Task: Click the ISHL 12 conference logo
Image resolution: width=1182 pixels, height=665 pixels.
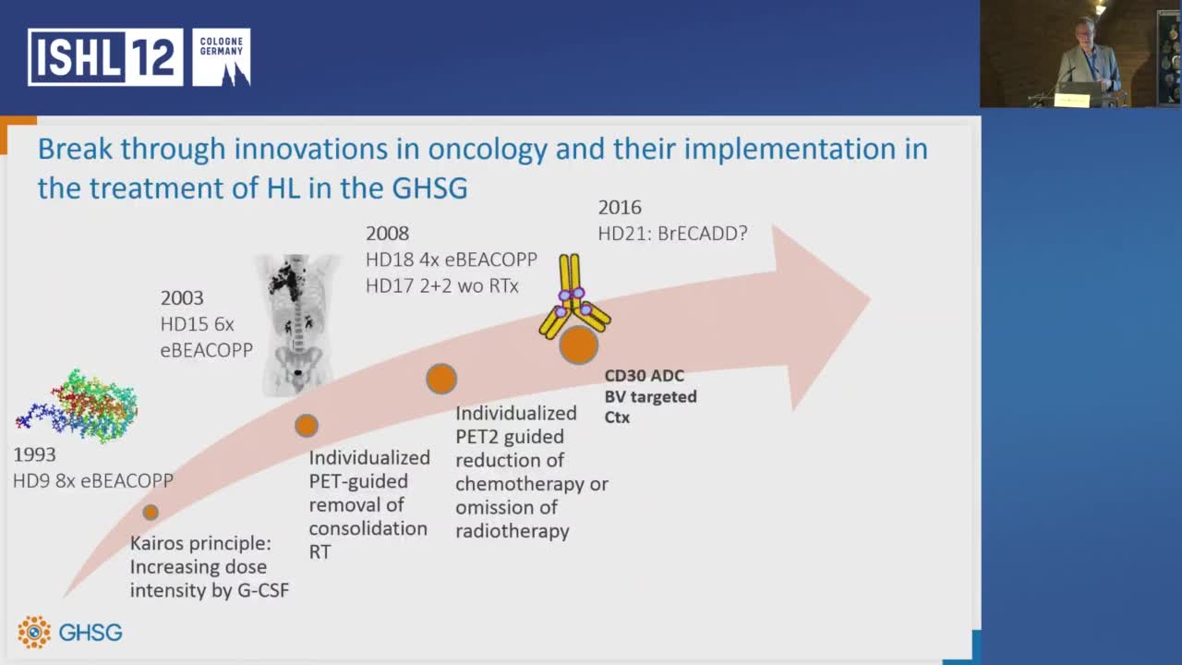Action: click(x=105, y=57)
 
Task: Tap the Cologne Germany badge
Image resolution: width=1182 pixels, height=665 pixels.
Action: click(x=222, y=57)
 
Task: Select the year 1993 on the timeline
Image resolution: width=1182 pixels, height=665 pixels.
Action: click(x=34, y=454)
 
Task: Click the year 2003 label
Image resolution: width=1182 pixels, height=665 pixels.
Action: click(x=182, y=297)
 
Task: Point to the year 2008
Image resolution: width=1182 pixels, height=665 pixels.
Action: click(x=387, y=234)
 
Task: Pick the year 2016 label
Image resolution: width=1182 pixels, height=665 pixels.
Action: click(x=620, y=208)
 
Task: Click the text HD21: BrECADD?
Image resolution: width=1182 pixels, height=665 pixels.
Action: click(x=673, y=234)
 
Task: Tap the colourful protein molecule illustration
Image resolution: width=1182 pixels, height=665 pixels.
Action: click(x=77, y=405)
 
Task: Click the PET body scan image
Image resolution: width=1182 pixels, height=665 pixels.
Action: click(x=297, y=324)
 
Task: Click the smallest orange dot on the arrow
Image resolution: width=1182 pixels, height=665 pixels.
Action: click(x=151, y=512)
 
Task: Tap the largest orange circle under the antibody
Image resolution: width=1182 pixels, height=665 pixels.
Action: click(x=578, y=345)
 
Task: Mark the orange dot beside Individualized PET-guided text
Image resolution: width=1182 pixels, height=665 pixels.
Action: click(x=306, y=426)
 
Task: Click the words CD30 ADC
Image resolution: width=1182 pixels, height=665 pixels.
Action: click(x=645, y=376)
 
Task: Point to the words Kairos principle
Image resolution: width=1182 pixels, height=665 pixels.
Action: click(x=200, y=543)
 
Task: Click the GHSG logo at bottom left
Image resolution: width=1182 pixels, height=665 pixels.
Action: click(x=69, y=632)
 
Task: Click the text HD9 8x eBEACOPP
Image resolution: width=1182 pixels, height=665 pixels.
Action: click(x=93, y=481)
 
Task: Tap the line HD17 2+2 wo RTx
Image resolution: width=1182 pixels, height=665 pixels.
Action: click(x=442, y=286)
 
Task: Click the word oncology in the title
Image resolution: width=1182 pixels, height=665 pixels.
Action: click(x=488, y=150)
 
